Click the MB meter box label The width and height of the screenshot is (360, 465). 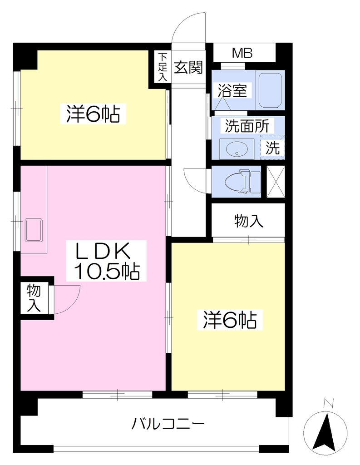pyautogui.click(x=242, y=54)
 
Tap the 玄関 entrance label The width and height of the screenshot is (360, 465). pyautogui.click(x=188, y=68)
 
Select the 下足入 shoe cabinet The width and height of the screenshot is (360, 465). pyautogui.click(x=162, y=67)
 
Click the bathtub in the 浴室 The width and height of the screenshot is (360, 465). pyautogui.click(x=270, y=90)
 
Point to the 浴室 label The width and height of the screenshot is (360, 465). pyautogui.click(x=232, y=90)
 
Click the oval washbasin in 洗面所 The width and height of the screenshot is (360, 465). pyautogui.click(x=237, y=149)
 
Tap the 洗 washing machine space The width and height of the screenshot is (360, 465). pyautogui.click(x=272, y=148)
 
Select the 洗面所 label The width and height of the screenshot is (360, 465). pyautogui.click(x=247, y=126)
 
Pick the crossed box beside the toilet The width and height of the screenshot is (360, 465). pyautogui.click(x=276, y=182)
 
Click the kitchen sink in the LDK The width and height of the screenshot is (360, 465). pyautogui.click(x=34, y=230)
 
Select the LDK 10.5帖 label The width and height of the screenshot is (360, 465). pyautogui.click(x=106, y=261)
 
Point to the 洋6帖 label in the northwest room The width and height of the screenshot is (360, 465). pyautogui.click(x=93, y=113)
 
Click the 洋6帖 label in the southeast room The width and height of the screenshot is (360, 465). pyautogui.click(x=230, y=320)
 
